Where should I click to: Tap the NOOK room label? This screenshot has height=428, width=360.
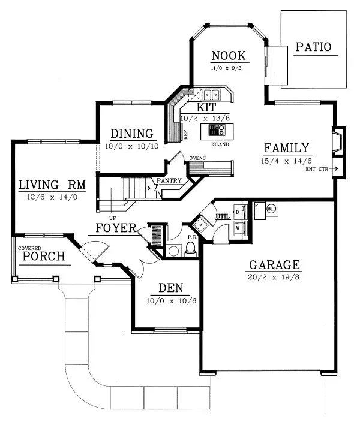tap(228, 56)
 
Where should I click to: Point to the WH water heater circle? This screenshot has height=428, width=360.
tap(271, 209)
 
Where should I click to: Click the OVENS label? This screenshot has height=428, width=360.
tap(198, 158)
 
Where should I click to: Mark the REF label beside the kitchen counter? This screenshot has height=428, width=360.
tap(186, 135)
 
